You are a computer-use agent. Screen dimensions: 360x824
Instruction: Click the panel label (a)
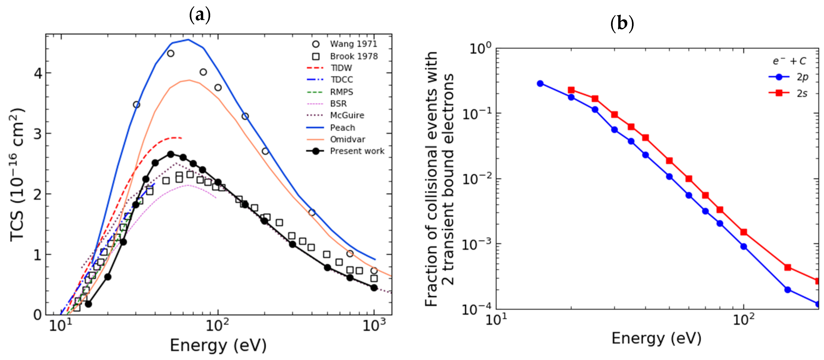point(200,15)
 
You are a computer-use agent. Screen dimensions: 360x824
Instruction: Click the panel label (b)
point(622,24)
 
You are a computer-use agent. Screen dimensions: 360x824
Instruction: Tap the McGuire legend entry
point(347,115)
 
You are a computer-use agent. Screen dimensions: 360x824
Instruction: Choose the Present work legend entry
point(357,151)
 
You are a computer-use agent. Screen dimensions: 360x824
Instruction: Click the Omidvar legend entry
point(347,139)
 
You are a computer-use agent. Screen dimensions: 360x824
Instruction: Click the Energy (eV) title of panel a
point(218,345)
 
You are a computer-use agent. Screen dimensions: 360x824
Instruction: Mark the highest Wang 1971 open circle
point(171,53)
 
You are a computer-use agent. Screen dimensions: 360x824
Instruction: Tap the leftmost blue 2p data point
point(540,83)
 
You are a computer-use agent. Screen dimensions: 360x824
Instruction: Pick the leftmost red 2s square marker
point(571,90)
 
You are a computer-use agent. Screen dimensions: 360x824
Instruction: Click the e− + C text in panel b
point(789,61)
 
